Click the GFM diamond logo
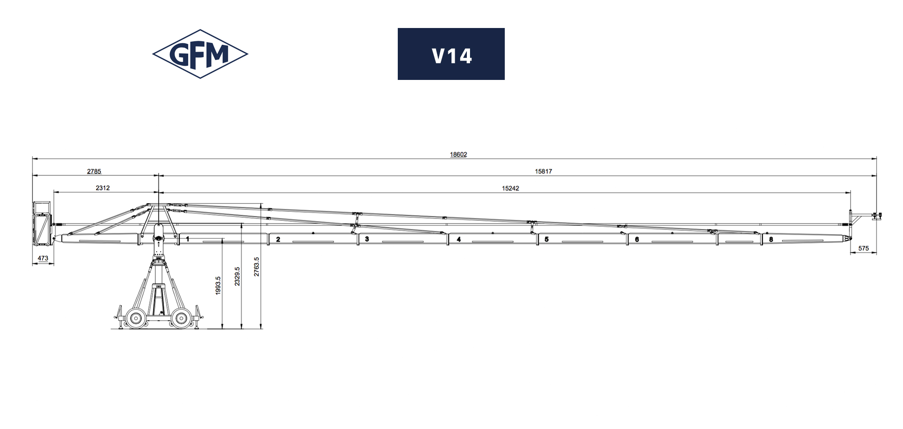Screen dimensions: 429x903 tap(200, 54)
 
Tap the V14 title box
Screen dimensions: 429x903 tap(451, 54)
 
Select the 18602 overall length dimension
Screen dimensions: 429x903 tap(458, 154)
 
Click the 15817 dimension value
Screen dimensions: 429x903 tap(543, 172)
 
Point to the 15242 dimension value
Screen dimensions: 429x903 tap(510, 188)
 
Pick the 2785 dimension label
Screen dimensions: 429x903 tap(94, 172)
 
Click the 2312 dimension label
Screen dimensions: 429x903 tap(102, 188)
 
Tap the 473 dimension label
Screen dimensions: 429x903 tap(43, 259)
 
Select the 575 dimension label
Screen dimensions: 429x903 tap(863, 248)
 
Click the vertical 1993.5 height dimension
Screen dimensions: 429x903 tap(218, 285)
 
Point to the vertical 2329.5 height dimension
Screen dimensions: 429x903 tap(237, 276)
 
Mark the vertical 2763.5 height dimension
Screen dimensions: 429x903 tap(256, 266)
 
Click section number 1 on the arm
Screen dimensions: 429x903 tap(188, 239)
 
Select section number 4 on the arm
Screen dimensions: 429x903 tap(459, 239)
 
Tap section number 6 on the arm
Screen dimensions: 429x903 tap(637, 239)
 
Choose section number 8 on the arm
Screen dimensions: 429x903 tap(771, 239)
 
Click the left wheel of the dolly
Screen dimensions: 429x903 tap(135, 318)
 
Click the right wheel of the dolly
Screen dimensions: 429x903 tap(181, 318)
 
